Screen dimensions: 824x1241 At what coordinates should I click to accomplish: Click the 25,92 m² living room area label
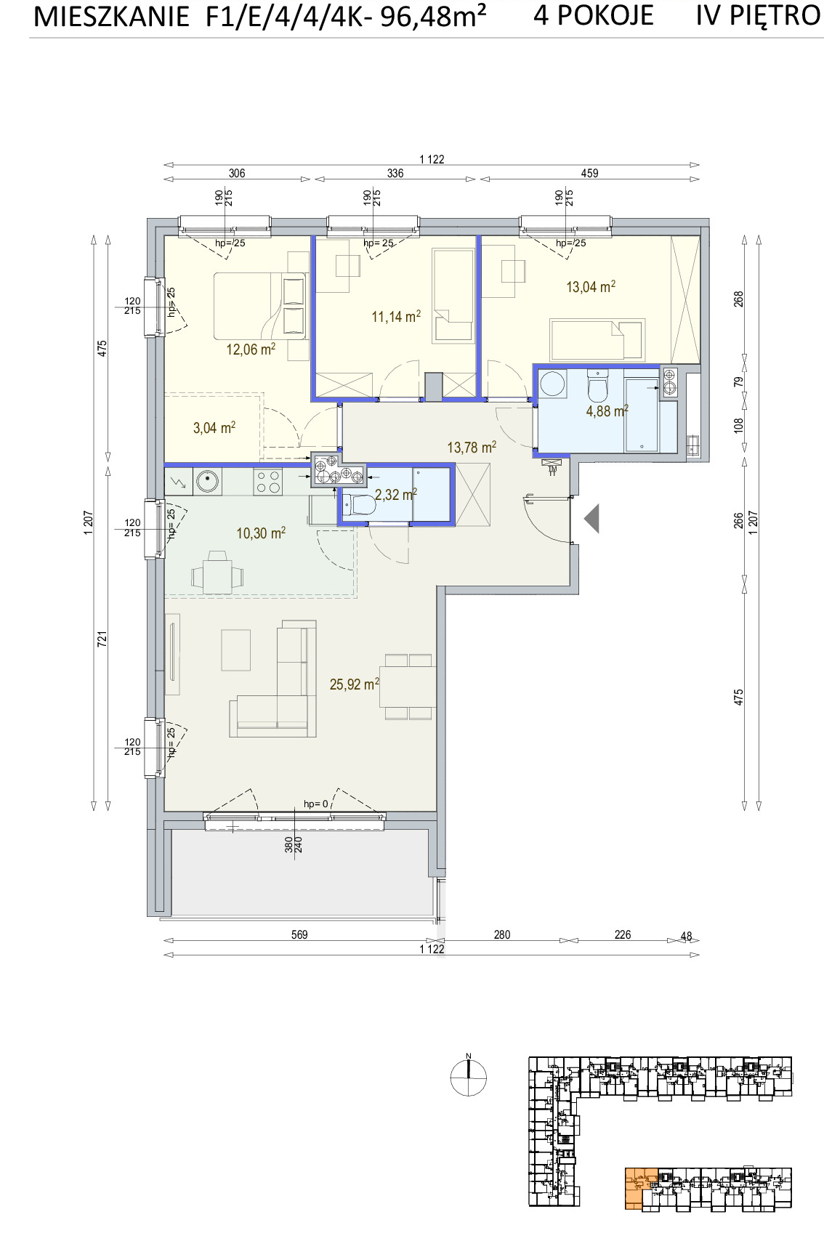354,684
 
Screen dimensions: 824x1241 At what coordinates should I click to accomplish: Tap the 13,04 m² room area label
591,286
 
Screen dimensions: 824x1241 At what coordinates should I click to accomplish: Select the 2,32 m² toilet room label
396,494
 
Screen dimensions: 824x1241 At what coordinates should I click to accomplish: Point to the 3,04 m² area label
214,427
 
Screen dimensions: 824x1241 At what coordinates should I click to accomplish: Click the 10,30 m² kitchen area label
261,533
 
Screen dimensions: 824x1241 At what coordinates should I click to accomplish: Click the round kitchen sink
208,482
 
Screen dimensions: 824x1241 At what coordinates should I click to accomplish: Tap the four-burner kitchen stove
267,482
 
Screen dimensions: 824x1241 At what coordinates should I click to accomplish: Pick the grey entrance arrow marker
591,519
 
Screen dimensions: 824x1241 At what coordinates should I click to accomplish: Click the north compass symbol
468,1077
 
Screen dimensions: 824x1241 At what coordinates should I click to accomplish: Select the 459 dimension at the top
589,174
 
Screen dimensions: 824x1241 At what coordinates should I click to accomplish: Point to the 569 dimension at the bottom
299,934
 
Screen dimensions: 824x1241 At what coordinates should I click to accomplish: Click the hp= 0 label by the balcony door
316,804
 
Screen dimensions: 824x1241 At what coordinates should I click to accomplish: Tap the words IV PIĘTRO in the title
758,15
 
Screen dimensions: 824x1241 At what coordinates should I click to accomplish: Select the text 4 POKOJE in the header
594,15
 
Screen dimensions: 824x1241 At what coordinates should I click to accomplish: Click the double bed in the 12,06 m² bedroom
260,306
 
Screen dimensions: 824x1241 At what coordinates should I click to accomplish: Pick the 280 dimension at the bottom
502,934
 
